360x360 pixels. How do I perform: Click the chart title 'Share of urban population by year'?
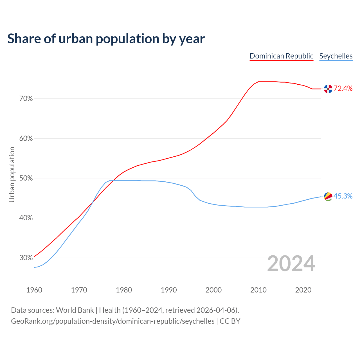coord(106,39)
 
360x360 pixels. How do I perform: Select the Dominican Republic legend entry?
coord(282,56)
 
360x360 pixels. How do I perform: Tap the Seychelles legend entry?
coord(336,56)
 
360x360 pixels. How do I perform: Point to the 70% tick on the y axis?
coord(26,99)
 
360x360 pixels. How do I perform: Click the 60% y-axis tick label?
coord(26,139)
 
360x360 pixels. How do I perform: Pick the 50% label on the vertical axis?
coord(26,178)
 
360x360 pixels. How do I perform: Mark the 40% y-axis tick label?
coord(26,218)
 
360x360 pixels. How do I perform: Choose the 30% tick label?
coord(26,258)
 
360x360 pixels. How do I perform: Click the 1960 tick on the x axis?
coord(34,290)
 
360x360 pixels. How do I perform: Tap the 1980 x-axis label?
coord(124,290)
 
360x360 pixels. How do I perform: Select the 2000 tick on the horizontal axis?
coord(213,290)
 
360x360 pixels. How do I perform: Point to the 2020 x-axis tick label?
coord(303,290)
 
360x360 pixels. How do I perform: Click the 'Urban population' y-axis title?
coord(12,175)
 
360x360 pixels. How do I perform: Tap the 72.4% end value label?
coord(343,89)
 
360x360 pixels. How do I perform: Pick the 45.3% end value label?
coord(343,196)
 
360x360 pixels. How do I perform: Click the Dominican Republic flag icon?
coord(328,89)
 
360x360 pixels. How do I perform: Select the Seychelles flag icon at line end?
coord(328,197)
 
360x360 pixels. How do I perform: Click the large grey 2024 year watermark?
coord(291,264)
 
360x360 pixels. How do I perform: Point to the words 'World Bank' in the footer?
coord(75,310)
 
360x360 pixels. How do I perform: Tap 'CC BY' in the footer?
coord(230,321)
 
